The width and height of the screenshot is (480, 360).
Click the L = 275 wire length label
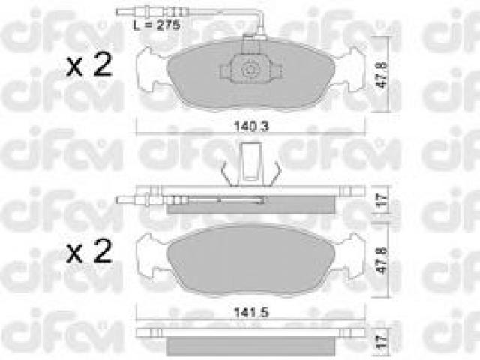coord(157,24)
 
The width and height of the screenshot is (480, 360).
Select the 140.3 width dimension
coord(251,127)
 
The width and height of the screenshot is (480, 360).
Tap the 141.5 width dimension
coord(251,313)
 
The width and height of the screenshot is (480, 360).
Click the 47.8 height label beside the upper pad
coord(382,74)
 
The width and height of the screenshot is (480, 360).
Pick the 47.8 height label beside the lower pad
coord(382,260)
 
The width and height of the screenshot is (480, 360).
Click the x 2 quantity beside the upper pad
coord(89,65)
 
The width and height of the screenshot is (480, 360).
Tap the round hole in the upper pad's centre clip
coord(250,70)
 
